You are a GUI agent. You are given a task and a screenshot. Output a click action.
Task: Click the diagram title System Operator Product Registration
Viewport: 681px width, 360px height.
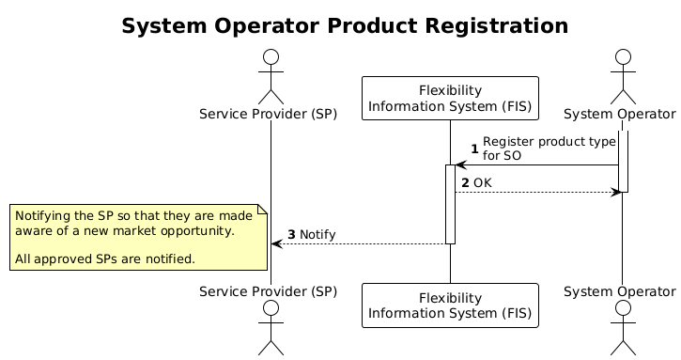pyautogui.click(x=345, y=26)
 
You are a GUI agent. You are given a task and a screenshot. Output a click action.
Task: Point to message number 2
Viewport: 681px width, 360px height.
pyautogui.click(x=465, y=181)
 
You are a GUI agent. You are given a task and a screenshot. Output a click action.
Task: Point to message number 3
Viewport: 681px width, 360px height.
pyautogui.click(x=291, y=234)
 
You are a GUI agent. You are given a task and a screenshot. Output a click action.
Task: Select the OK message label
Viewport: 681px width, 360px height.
pyautogui.click(x=483, y=181)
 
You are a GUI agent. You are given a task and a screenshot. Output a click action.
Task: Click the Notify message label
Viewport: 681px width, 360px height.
pyautogui.click(x=317, y=234)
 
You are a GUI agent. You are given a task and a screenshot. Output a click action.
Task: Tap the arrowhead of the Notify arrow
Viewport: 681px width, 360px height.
pyautogui.click(x=275, y=243)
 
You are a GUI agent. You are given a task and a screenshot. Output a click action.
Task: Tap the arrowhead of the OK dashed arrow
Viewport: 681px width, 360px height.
pyautogui.click(x=616, y=192)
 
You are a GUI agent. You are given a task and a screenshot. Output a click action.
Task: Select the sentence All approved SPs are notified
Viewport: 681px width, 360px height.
pyautogui.click(x=105, y=258)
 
